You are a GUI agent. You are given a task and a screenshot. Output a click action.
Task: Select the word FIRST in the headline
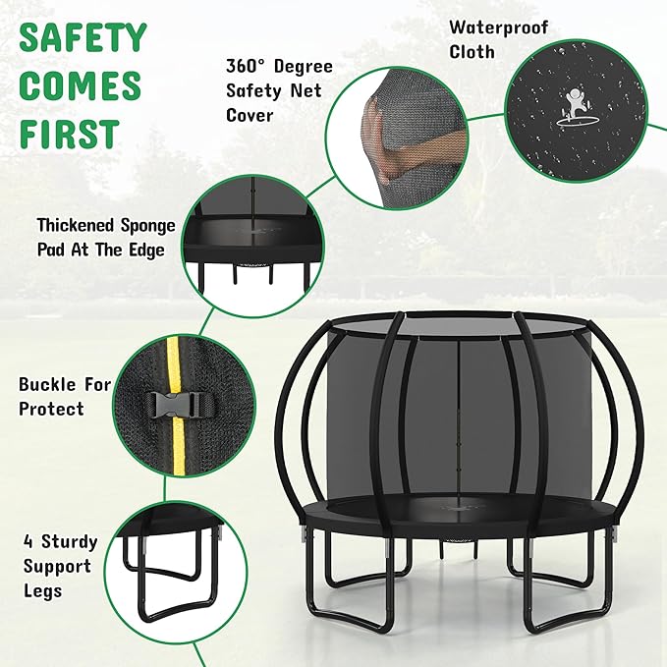[69, 134]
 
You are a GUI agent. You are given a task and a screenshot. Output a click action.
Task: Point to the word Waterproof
[499, 27]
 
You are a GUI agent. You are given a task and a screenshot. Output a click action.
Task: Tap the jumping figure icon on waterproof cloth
[573, 104]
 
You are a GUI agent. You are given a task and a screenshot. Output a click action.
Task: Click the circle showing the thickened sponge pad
[250, 246]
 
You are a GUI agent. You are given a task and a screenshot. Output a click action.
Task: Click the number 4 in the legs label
[29, 542]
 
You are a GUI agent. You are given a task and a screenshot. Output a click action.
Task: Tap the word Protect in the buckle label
[51, 409]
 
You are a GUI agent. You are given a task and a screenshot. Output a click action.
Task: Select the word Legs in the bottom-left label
[44, 590]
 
